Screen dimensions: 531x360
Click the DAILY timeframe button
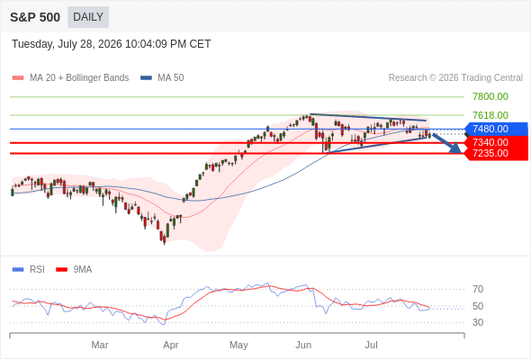[x=88, y=17]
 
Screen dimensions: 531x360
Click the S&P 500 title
[x=35, y=17]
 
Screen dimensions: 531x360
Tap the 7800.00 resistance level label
[x=490, y=96]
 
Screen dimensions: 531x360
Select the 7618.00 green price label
[x=490, y=115]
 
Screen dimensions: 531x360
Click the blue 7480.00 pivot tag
[x=496, y=129]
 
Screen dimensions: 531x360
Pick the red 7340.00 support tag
[x=496, y=142]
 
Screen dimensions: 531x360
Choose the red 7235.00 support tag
[x=496, y=153]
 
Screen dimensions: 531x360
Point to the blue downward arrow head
[x=455, y=148]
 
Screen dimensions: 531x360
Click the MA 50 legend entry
[x=162, y=78]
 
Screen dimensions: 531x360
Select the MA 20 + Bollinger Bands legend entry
[x=70, y=78]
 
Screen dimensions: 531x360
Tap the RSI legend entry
[x=29, y=270]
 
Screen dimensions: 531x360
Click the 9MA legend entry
[x=74, y=270]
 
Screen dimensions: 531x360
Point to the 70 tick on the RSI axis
[x=478, y=289]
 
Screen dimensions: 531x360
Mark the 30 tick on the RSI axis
[x=478, y=322]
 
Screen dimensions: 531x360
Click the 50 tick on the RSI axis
[x=478, y=306]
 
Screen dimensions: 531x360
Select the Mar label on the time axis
[x=100, y=345]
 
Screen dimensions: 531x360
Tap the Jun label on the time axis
[x=303, y=345]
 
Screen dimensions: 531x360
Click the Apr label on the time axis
[x=171, y=345]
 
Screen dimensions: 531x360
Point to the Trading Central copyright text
[x=455, y=78]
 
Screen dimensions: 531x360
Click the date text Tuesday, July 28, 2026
[x=67, y=44]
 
